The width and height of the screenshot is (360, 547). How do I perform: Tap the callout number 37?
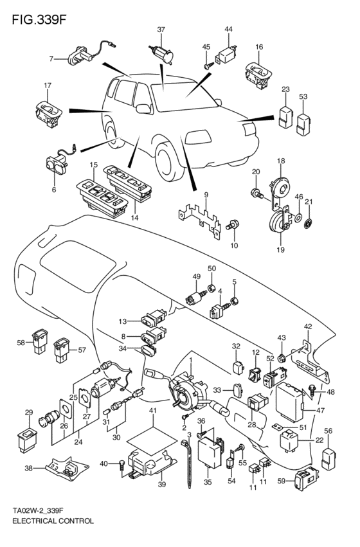[x=161, y=30]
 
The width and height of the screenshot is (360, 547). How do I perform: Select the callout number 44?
[x=228, y=30]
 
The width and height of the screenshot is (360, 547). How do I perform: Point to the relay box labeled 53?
[x=304, y=121]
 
